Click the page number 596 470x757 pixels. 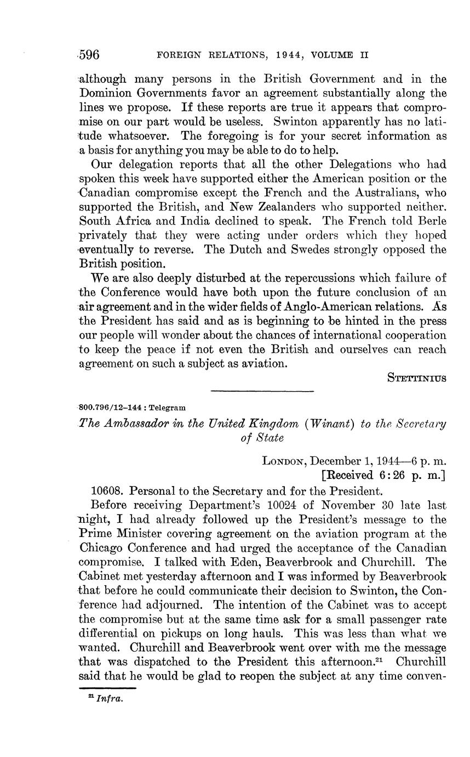click(89, 54)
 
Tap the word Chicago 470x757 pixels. click(100, 547)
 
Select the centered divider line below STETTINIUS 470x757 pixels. click(262, 391)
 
